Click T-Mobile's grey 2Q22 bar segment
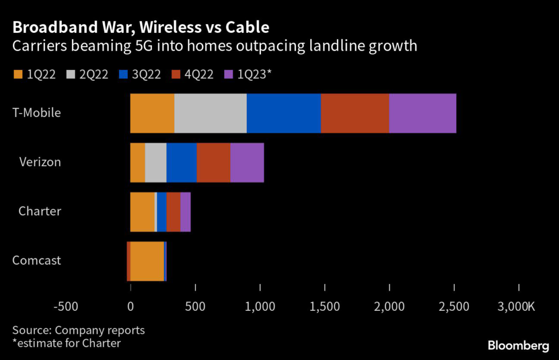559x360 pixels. [x=210, y=113]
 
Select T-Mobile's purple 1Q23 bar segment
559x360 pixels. [x=423, y=113]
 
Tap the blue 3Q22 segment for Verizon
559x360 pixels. [x=181, y=163]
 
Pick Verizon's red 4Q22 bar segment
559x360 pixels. [x=213, y=163]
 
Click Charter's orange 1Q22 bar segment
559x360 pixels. [x=142, y=212]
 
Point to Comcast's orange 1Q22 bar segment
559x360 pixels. [x=147, y=261]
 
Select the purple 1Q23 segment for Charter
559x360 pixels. [x=185, y=212]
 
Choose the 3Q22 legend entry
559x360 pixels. [x=140, y=75]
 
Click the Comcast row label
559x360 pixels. [x=37, y=261]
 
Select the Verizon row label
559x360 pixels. [x=40, y=162]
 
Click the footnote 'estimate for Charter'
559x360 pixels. [x=66, y=343]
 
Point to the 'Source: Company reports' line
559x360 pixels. [x=79, y=330]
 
